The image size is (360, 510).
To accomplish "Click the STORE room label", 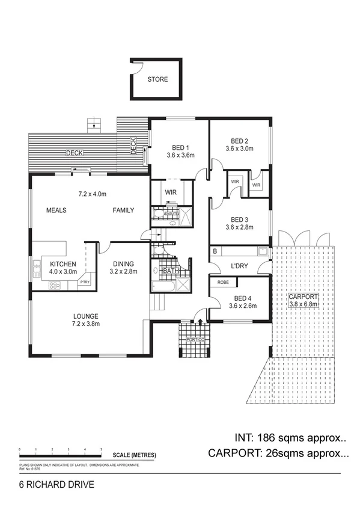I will tap(158, 79).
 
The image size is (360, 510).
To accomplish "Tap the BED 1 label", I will tap(180, 148).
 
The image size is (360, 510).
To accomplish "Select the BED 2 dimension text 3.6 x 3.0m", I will tap(240, 148).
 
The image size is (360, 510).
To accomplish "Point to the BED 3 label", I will tap(239, 220).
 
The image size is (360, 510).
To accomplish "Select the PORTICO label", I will tap(195, 340).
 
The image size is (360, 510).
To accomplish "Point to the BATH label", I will tap(171, 271).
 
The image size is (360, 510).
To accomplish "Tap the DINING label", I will tap(123, 264).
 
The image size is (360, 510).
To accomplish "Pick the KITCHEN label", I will tap(63, 264).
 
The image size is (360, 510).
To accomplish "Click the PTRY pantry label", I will tap(84, 281).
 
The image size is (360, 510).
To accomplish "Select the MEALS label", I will tap(56, 210).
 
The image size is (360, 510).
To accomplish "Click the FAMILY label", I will tap(123, 210).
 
